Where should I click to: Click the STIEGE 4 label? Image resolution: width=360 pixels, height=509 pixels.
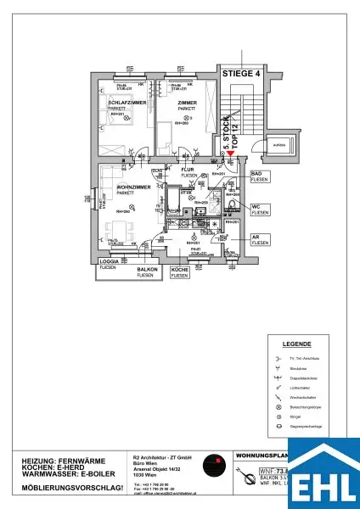coord(240,75)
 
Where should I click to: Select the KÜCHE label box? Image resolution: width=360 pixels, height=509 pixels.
coord(180,272)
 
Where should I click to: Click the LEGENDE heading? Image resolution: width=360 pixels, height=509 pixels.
coord(296,345)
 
